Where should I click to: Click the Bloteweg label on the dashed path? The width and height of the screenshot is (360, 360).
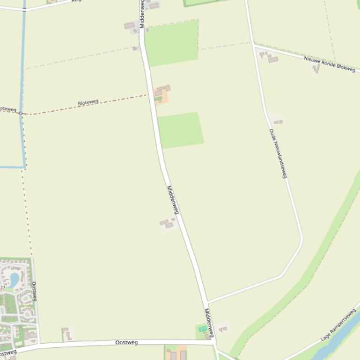pyautogui.click(x=88, y=102)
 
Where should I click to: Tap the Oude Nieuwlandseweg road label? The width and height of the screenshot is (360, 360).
pyautogui.click(x=278, y=153)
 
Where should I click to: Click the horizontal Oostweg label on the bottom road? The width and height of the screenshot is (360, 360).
pyautogui.click(x=126, y=343)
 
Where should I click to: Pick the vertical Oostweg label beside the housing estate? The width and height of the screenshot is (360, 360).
pyautogui.click(x=34, y=291)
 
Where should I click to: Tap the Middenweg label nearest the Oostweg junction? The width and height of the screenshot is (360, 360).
pyautogui.click(x=209, y=322)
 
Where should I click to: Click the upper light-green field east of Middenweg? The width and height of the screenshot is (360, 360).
pyautogui.click(x=172, y=43)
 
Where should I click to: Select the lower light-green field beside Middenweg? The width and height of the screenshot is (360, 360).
pyautogui.click(x=180, y=130)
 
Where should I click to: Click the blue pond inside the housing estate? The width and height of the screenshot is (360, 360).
pyautogui.click(x=14, y=280)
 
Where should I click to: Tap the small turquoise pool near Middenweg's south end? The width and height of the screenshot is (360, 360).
pyautogui.click(x=202, y=329)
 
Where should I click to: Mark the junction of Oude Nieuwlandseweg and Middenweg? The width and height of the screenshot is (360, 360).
pyautogui.click(x=207, y=302)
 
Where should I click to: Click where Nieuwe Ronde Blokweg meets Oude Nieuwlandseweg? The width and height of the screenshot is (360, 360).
pyautogui.click(x=254, y=45)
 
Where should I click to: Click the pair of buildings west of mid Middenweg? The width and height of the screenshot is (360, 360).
pyautogui.click(x=167, y=223)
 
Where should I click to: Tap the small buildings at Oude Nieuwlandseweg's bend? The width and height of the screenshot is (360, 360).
pyautogui.click(x=278, y=122)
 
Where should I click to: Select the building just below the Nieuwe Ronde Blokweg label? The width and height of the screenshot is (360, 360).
pyautogui.click(x=316, y=69)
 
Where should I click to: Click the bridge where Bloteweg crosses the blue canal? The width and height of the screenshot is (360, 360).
pyautogui.click(x=21, y=113)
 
